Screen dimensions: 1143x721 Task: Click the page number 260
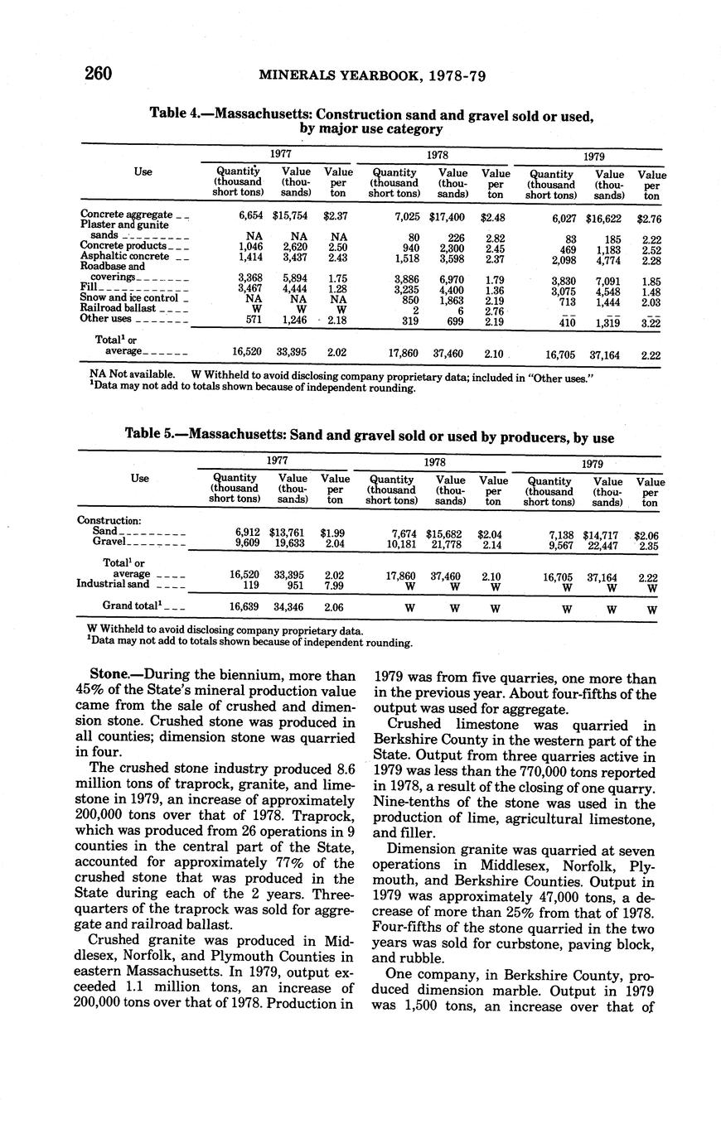(x=98, y=74)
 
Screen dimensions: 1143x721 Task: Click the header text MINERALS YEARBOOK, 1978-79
(x=371, y=75)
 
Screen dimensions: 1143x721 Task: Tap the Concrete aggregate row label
(x=127, y=215)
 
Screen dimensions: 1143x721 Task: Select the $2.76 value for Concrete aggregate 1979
(x=649, y=219)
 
